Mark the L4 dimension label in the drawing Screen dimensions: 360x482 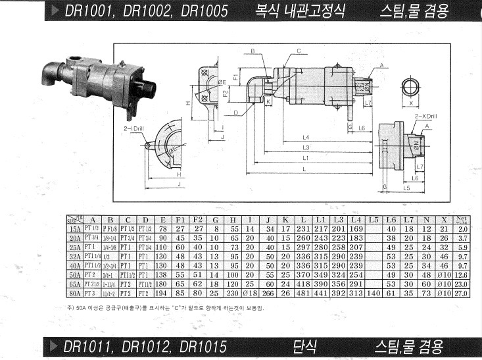306,137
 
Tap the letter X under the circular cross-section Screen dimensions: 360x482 412,103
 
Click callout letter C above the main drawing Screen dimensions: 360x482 298,51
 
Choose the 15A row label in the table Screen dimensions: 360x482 75,228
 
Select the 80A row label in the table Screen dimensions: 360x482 75,292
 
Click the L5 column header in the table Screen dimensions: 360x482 374,219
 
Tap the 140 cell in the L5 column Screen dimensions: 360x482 374,292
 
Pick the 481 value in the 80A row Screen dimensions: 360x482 304,292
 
